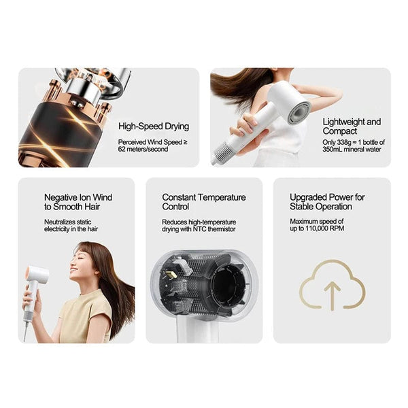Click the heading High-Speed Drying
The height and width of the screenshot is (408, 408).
154,126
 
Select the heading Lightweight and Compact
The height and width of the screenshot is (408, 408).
352,126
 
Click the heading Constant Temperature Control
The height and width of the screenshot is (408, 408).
204,201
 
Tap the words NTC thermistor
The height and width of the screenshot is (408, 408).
218,229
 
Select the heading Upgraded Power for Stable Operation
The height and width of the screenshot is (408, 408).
327,201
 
